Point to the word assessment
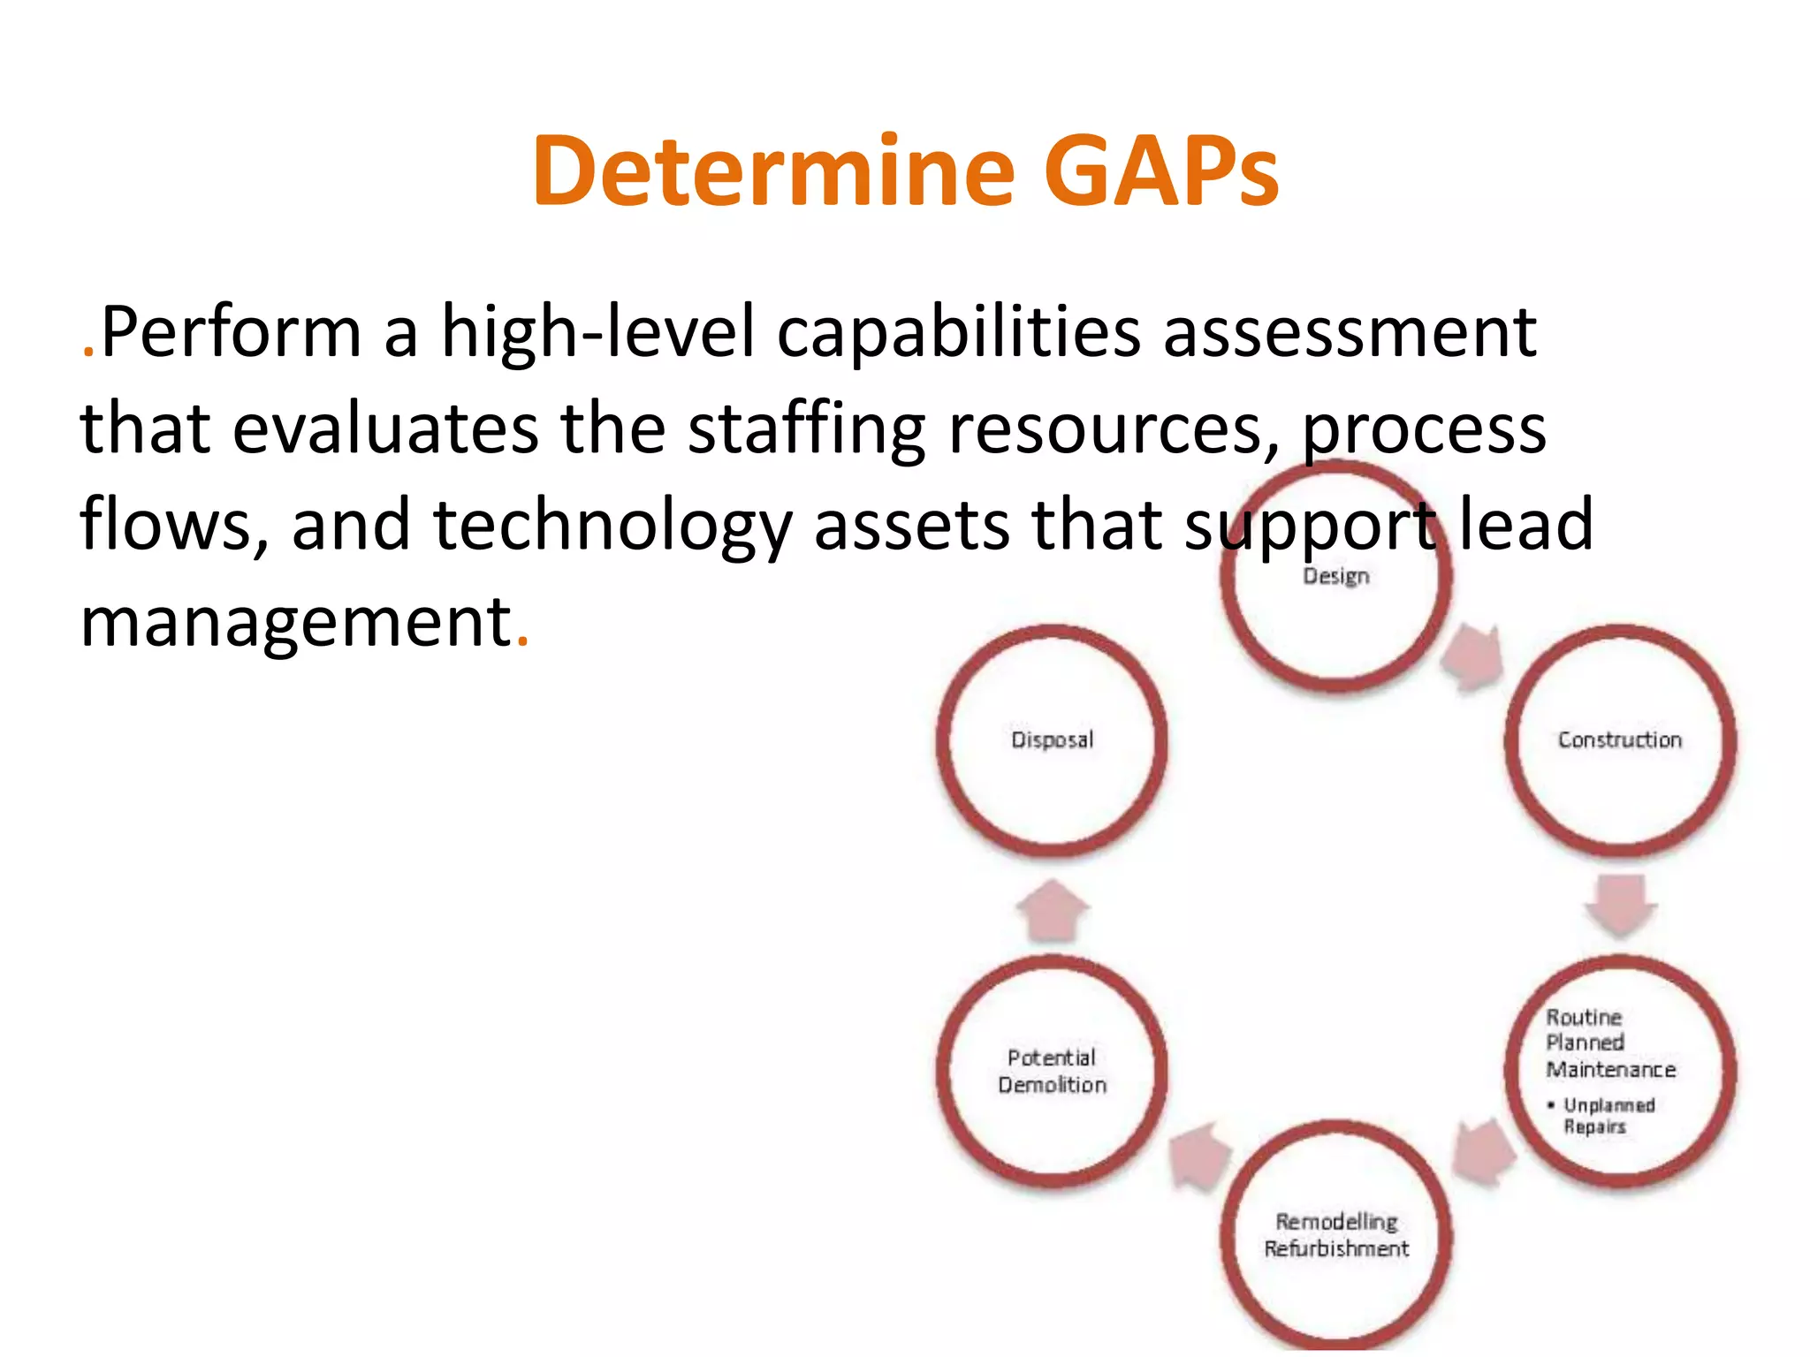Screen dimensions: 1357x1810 coord(1350,332)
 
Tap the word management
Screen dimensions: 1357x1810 coord(296,622)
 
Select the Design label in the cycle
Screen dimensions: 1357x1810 coord(1336,577)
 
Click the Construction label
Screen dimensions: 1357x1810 coord(1620,740)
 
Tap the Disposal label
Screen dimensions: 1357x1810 coord(1052,740)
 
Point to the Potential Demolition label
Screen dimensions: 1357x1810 coord(1052,1071)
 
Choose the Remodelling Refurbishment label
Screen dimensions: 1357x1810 coord(1336,1235)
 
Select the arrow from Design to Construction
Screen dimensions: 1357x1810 coord(1473,658)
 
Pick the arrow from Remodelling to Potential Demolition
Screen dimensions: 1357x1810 coord(1199,1157)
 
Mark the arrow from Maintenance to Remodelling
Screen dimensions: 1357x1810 coord(1485,1150)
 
